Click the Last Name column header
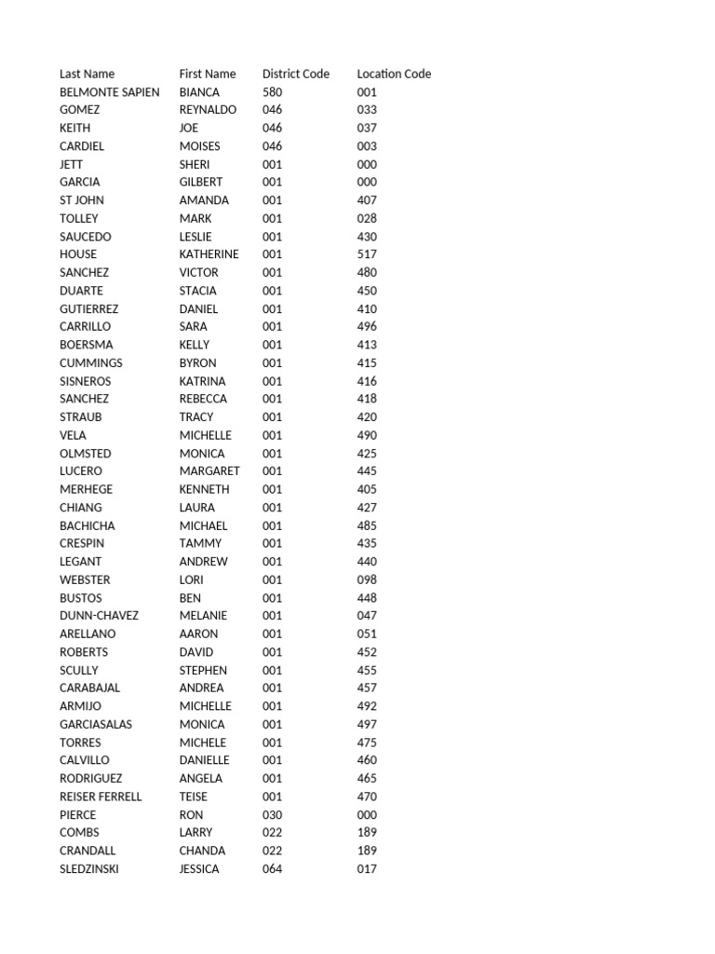point(87,74)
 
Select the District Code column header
point(295,74)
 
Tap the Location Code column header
point(394,74)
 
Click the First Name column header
point(208,74)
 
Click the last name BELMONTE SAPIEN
point(109,92)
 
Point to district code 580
point(272,92)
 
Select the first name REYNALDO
point(208,110)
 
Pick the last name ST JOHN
point(82,200)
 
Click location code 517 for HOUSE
point(367,254)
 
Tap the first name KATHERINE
point(209,254)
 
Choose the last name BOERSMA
point(86,345)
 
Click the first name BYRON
point(197,363)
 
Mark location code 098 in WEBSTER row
point(367,579)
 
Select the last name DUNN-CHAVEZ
point(99,616)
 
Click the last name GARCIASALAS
point(96,724)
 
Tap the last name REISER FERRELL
point(101,797)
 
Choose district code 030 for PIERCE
point(272,814)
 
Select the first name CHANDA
point(202,851)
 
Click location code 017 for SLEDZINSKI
point(367,869)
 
